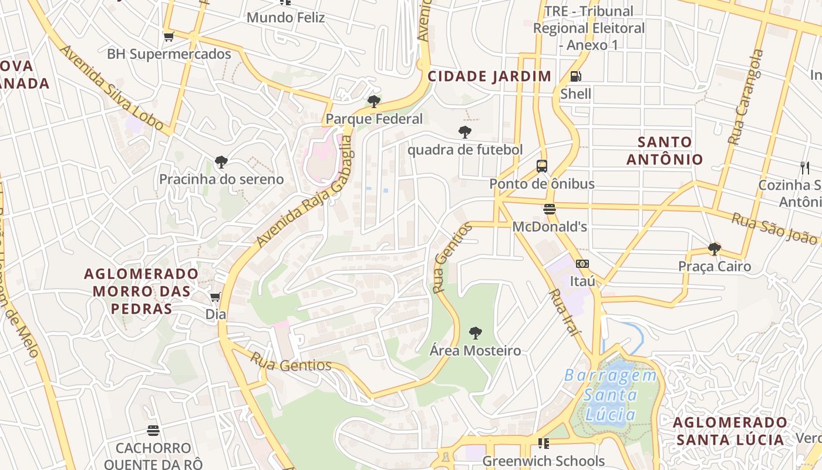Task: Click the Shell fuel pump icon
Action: [x=576, y=76]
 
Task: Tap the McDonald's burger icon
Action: [x=550, y=209]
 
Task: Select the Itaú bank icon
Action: [x=582, y=264]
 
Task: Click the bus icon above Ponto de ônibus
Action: [x=541, y=166]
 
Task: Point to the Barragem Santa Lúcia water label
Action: [x=611, y=395]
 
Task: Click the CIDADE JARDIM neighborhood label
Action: [x=489, y=76]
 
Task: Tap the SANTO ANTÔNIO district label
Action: [x=665, y=150]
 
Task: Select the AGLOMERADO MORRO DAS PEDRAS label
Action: [x=142, y=291]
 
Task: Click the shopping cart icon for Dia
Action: [x=215, y=297]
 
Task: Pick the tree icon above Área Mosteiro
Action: [x=476, y=334]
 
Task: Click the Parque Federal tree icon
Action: [x=374, y=102]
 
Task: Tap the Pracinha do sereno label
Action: [x=221, y=179]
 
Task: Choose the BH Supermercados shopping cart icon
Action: [x=169, y=37]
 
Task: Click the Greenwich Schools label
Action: [x=543, y=461]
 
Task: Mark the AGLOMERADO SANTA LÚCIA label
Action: [x=730, y=431]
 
